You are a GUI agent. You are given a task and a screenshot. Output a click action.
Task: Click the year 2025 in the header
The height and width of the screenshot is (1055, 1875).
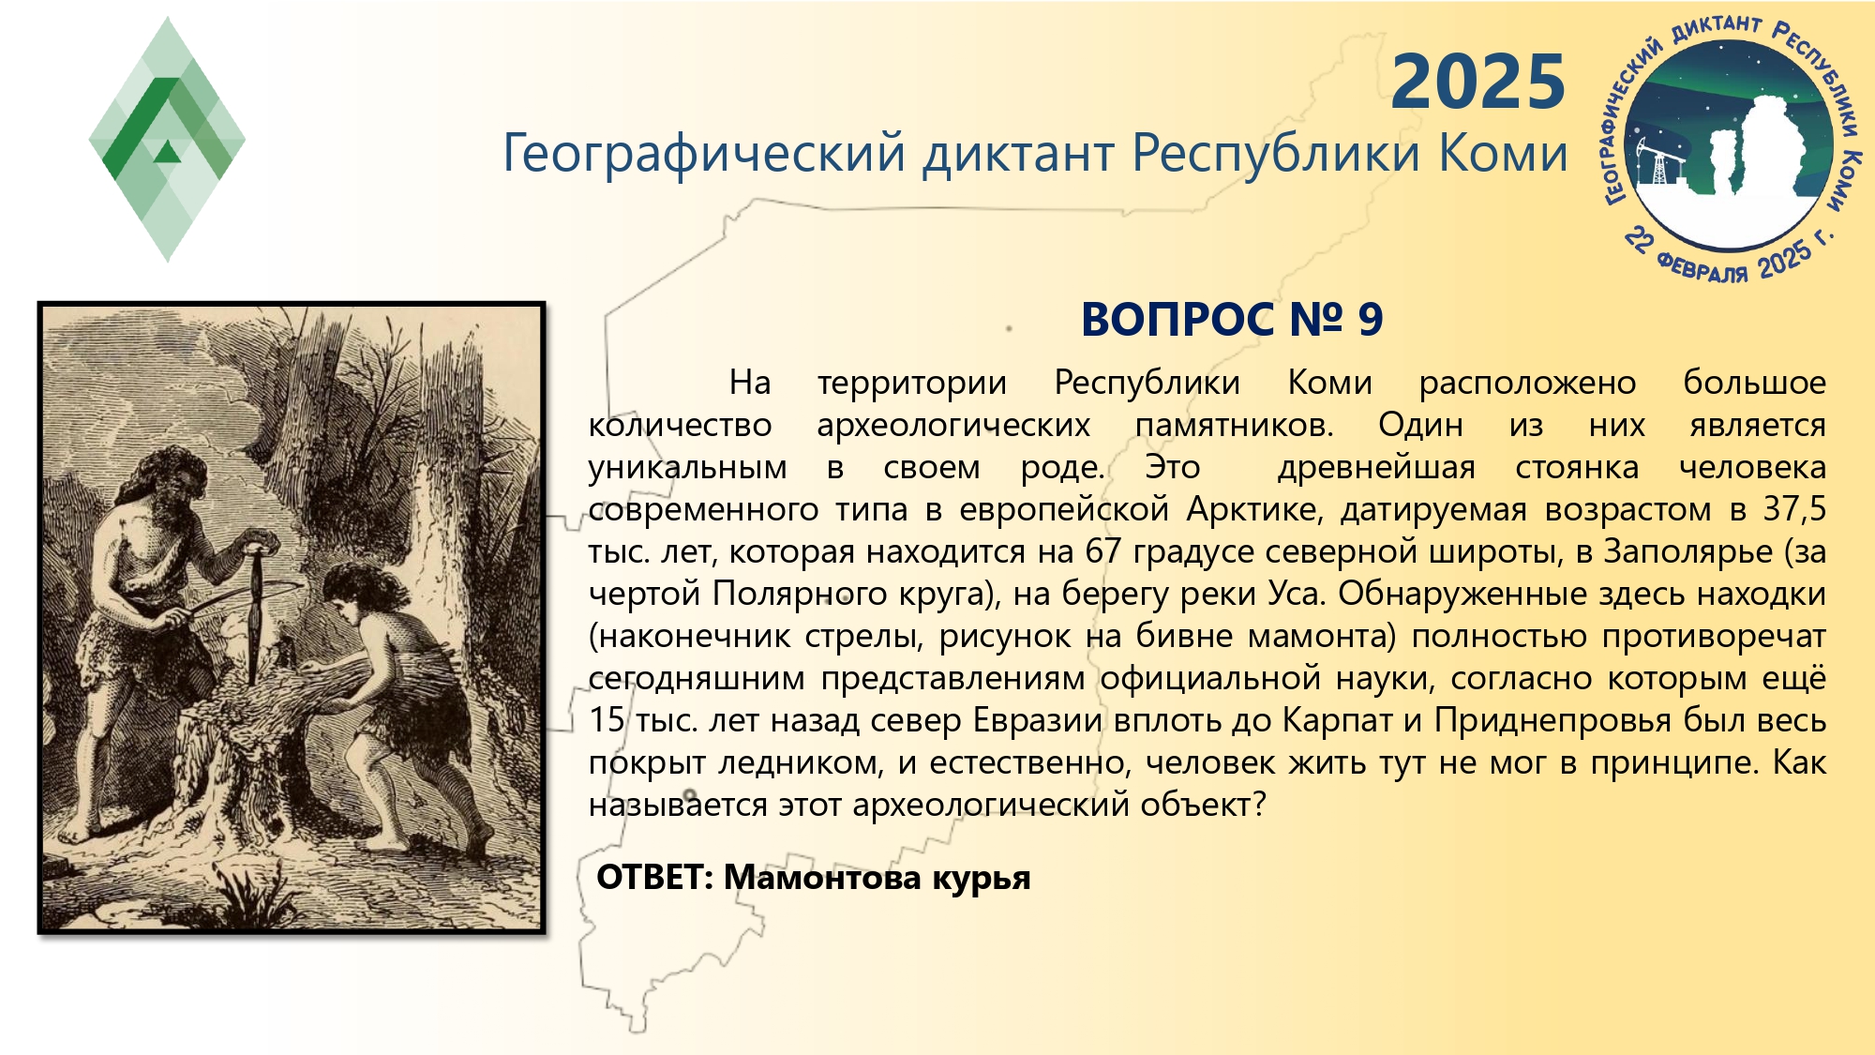(1478, 83)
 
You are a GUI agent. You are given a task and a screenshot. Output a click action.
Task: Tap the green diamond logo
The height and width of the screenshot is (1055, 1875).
(167, 140)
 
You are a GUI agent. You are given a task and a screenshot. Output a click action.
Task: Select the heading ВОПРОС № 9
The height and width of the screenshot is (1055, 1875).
(1232, 320)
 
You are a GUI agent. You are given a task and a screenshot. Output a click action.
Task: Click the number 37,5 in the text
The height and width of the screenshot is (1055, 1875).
(1794, 509)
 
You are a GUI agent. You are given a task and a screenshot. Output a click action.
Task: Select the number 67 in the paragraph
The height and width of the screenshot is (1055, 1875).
(1102, 551)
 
